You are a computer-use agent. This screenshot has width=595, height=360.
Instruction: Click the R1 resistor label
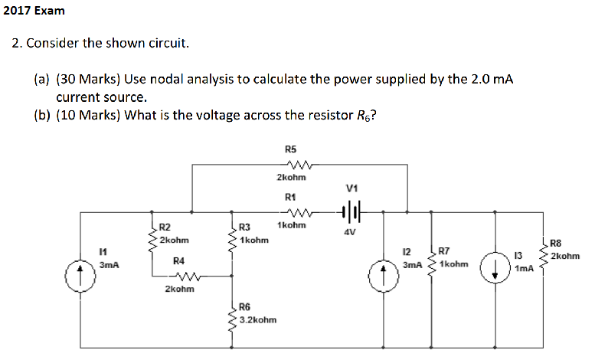(x=291, y=197)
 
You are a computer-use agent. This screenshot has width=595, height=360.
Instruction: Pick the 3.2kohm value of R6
(x=258, y=319)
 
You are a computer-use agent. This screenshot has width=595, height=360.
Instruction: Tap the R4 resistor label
(x=178, y=261)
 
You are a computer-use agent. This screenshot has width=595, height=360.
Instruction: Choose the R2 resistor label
(x=165, y=227)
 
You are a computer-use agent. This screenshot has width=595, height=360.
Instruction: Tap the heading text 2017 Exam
(x=34, y=11)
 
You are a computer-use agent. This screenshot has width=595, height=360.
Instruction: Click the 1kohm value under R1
(x=292, y=225)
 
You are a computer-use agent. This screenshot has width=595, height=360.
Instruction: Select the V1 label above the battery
(x=351, y=188)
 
